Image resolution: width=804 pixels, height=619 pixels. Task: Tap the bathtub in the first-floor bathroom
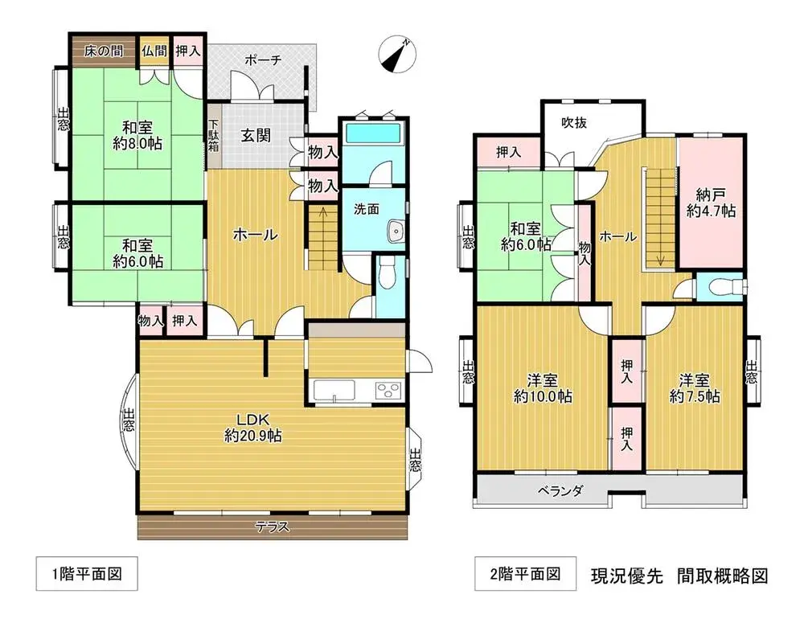click(x=373, y=133)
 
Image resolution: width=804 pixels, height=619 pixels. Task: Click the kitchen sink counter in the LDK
click(x=334, y=391)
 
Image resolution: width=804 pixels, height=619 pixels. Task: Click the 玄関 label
click(x=256, y=136)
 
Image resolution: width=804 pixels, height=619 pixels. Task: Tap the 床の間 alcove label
click(x=104, y=51)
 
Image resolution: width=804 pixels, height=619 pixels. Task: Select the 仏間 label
click(x=154, y=51)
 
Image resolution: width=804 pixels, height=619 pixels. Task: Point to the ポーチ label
click(x=263, y=60)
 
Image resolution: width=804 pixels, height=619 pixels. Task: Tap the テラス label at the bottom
click(x=273, y=527)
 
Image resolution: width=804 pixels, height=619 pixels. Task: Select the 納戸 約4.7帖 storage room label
click(x=711, y=203)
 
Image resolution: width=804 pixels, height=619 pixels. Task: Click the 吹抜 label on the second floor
click(x=574, y=123)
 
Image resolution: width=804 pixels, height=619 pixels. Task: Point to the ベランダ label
click(x=560, y=491)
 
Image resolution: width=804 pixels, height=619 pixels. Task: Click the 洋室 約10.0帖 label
click(x=543, y=389)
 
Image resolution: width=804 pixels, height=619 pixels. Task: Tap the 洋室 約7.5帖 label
click(x=695, y=388)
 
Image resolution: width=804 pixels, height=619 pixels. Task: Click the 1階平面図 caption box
click(x=87, y=573)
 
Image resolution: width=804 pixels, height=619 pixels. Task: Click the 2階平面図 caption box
click(x=525, y=573)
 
